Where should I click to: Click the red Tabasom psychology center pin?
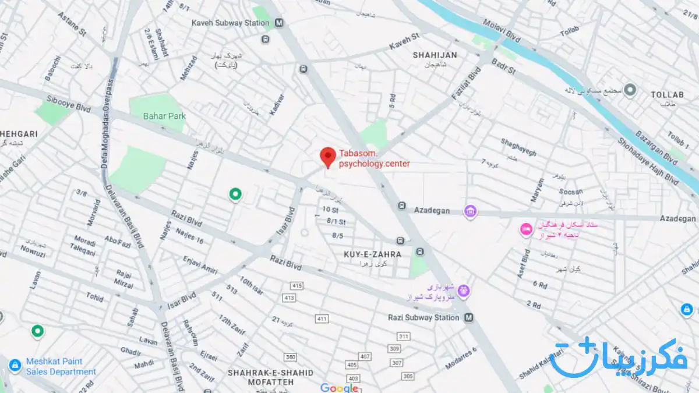pyautogui.click(x=328, y=157)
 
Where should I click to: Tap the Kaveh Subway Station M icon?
pyautogui.click(x=280, y=23)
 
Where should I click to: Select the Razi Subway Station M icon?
pyautogui.click(x=469, y=318)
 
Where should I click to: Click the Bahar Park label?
pyautogui.click(x=164, y=116)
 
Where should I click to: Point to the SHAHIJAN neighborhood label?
pyautogui.click(x=435, y=55)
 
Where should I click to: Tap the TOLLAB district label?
pyautogui.click(x=667, y=94)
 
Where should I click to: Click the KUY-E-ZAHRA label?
pyautogui.click(x=372, y=254)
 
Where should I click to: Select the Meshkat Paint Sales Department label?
pyautogui.click(x=61, y=366)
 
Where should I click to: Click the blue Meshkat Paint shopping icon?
pyautogui.click(x=15, y=365)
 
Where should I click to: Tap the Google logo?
pyautogui.click(x=339, y=388)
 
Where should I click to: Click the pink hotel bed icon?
pyautogui.click(x=526, y=229)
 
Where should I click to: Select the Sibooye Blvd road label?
pyautogui.click(x=69, y=103)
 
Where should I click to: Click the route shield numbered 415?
pyautogui.click(x=298, y=286)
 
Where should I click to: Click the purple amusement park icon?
pyautogui.click(x=463, y=290)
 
